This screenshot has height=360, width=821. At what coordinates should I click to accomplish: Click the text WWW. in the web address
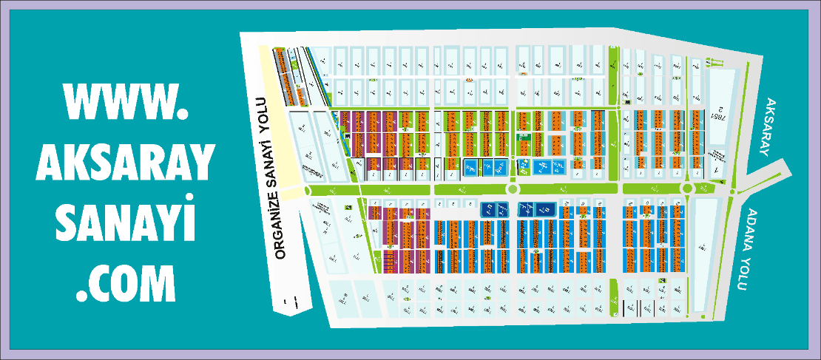(123, 101)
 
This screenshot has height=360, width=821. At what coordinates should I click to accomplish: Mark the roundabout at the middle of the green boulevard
(512, 189)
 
